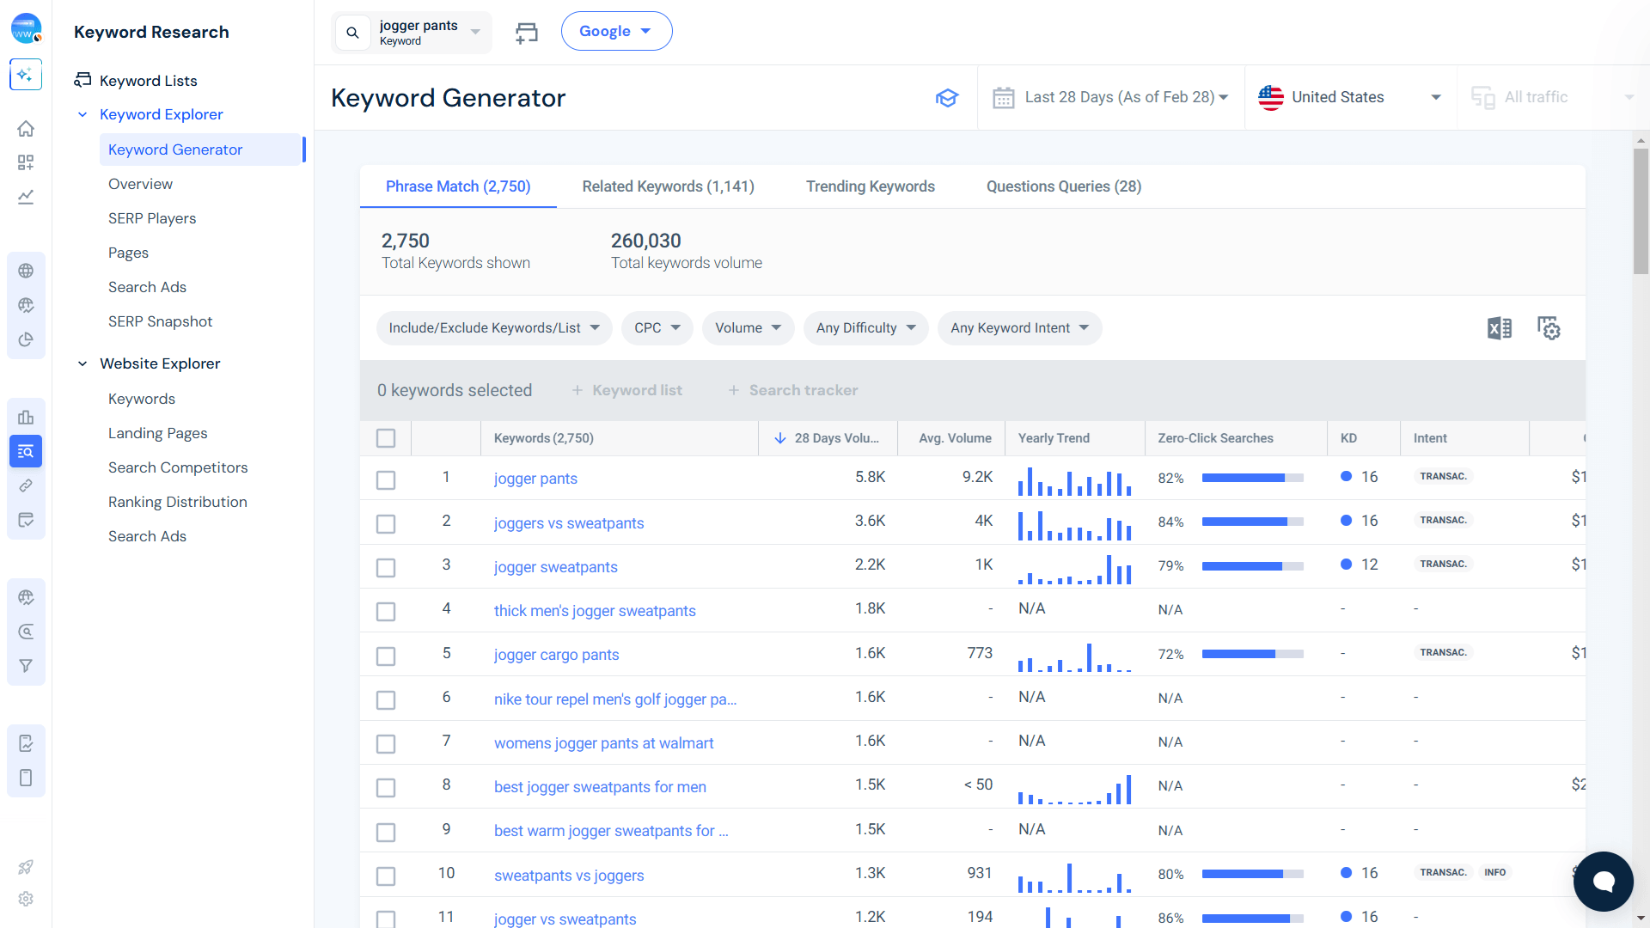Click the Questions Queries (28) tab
tap(1064, 186)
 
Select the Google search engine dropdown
tap(616, 31)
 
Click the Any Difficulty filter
tap(865, 328)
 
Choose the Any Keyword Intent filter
tap(1019, 328)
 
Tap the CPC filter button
tap(657, 328)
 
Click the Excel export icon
tap(1499, 328)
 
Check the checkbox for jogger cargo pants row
tap(386, 656)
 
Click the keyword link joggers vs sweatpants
tap(569, 523)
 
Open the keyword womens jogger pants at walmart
tap(603, 743)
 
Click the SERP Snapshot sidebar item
tap(160, 321)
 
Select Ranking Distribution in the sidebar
tap(177, 502)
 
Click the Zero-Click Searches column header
tap(1215, 438)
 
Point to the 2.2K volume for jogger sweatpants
tap(870, 565)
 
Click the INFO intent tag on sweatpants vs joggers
tap(1494, 872)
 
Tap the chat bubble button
tap(1604, 882)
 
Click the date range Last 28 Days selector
tap(1110, 97)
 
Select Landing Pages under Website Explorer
tap(157, 433)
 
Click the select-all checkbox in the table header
tap(386, 438)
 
